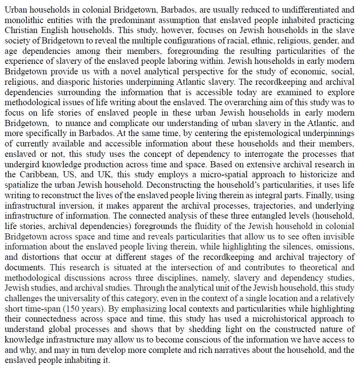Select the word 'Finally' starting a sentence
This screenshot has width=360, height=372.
[x=322, y=194]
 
